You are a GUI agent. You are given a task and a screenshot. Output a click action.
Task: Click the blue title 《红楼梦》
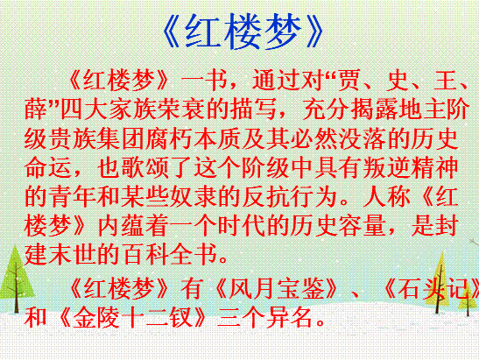(243, 32)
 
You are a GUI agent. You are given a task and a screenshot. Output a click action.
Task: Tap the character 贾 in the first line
(349, 81)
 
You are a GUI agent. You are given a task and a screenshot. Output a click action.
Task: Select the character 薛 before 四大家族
(36, 109)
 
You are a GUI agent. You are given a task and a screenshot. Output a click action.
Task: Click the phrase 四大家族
(109, 109)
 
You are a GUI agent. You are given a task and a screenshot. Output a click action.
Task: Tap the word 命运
(48, 168)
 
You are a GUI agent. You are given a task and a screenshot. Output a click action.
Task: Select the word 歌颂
(144, 168)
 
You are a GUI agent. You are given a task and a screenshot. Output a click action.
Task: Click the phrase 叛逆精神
(411, 168)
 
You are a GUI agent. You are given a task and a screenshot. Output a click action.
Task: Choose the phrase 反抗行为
(290, 196)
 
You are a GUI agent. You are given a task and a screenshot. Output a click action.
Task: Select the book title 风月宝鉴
(277, 288)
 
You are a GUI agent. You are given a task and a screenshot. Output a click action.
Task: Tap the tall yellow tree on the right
(440, 282)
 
